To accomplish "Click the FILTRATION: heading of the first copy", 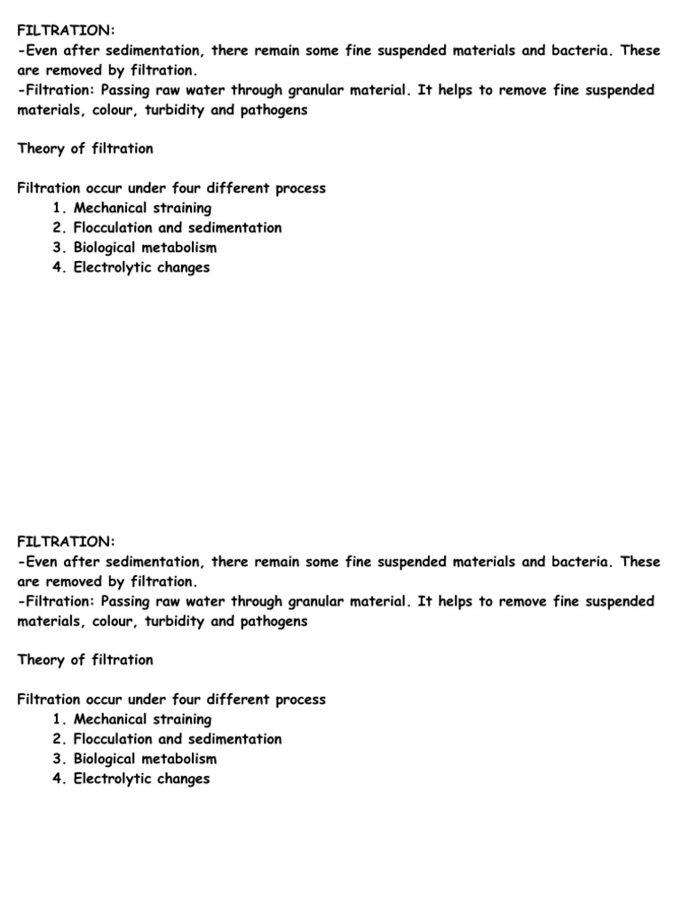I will point(66,31).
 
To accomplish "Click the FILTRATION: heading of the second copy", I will point(66,542).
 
